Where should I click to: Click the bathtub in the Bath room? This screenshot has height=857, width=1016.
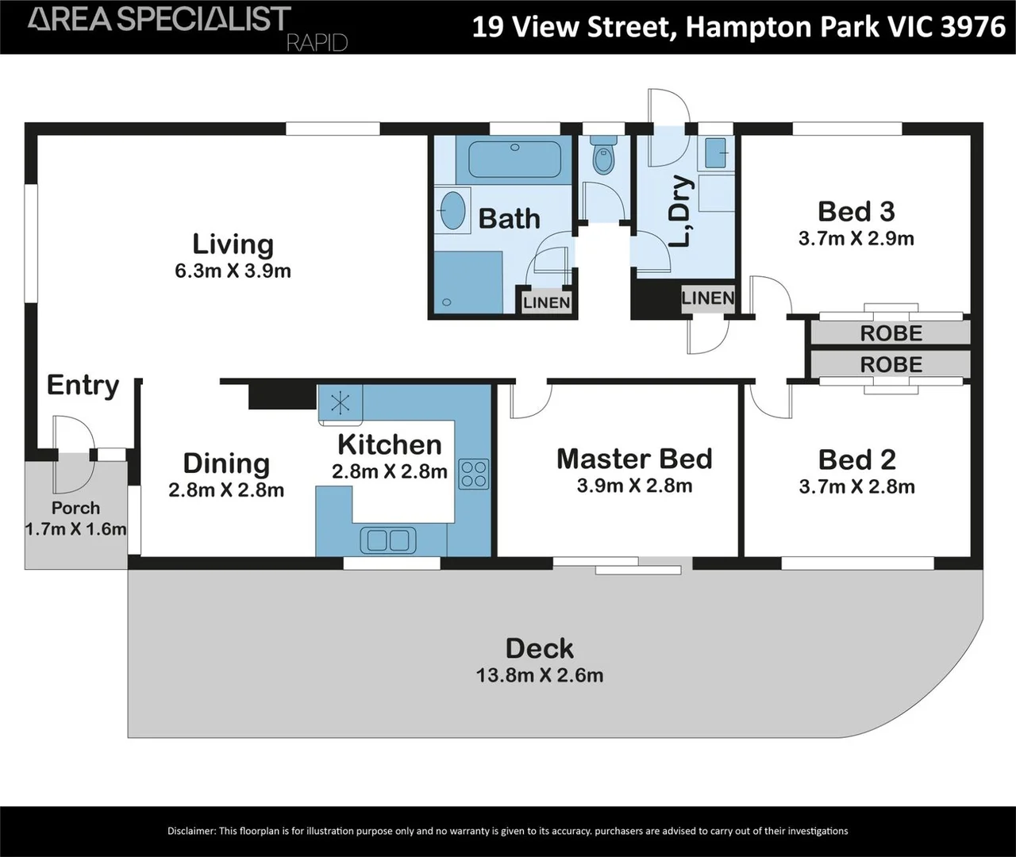514,160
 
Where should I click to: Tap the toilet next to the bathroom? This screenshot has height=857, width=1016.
604,157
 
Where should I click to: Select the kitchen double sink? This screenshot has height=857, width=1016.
388,540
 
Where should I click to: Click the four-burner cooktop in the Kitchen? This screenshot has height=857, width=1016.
474,474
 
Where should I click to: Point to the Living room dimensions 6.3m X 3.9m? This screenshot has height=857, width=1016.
233,271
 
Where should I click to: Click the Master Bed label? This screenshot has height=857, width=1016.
634,459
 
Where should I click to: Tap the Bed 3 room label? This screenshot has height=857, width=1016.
856,212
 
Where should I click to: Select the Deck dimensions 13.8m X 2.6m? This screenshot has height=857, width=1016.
539,676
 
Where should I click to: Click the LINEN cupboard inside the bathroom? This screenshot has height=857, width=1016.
546,302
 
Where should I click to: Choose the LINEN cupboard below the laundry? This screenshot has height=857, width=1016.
707,298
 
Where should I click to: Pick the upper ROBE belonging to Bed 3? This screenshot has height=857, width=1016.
891,333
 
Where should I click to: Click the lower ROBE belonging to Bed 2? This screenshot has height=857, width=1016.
891,365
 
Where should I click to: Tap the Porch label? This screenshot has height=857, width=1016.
75,508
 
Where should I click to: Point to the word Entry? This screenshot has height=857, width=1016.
83,385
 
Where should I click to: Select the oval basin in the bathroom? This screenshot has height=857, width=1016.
452,210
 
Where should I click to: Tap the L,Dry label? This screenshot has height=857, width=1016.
680,210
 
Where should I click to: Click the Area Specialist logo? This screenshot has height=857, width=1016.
159,20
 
